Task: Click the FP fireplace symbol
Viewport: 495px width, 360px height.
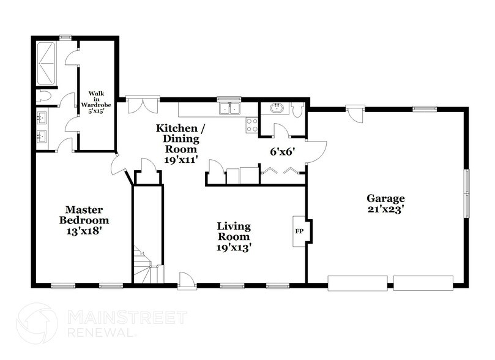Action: (299, 232)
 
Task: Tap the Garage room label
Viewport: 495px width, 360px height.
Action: (386, 203)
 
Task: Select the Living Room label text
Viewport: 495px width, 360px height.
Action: (233, 237)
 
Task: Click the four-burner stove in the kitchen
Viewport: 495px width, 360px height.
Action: (251, 125)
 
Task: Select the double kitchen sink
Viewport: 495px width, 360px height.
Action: (231, 109)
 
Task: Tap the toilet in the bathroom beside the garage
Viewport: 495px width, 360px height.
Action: (298, 110)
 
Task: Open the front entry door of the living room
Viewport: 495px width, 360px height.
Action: (186, 280)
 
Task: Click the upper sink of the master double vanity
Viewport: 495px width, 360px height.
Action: (43, 117)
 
